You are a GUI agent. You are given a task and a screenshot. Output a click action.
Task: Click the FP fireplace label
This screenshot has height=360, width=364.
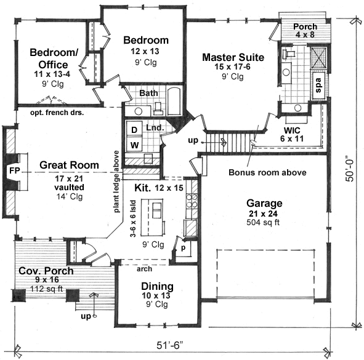click(x=14, y=170)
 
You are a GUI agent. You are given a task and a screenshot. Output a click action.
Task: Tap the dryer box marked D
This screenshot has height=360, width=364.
click(x=134, y=129)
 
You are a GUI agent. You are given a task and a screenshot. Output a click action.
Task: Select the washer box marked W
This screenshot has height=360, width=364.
click(x=134, y=145)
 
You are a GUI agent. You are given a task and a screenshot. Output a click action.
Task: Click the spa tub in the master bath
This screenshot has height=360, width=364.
click(x=319, y=86)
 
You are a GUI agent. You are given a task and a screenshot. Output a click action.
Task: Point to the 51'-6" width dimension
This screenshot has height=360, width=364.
click(x=170, y=345)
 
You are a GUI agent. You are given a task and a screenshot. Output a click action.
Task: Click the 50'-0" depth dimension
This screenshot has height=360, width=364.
click(x=350, y=169)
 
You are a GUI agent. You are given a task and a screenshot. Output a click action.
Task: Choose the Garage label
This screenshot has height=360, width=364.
click(x=264, y=204)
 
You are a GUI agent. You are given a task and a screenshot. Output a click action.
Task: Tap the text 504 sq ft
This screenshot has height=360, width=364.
click(x=263, y=222)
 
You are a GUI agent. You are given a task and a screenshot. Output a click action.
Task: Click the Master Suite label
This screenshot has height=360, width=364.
click(x=233, y=57)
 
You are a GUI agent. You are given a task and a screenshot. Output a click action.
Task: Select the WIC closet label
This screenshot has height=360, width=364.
click(x=292, y=130)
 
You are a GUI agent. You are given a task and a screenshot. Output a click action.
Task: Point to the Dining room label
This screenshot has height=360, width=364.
click(x=157, y=286)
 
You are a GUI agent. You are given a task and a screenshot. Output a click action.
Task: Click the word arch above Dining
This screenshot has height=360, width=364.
click(x=144, y=269)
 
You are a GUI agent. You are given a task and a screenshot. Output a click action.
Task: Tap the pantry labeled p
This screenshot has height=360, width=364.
click(x=183, y=248)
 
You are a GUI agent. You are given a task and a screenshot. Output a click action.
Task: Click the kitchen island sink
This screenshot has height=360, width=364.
click(x=156, y=210)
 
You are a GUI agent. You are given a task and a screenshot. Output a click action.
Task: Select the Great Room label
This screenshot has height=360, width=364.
click(x=69, y=165)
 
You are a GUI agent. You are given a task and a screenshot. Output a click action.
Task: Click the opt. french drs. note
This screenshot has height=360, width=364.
click(x=57, y=113)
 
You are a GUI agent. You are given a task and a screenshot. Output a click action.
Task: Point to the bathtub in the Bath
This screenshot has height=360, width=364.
click(x=174, y=101)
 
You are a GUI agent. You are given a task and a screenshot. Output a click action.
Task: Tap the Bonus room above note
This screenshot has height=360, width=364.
click(x=267, y=172)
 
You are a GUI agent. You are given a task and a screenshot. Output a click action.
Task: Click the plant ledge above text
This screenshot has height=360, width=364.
click(x=116, y=182)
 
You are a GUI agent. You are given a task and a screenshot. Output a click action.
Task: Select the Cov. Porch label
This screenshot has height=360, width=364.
click(x=46, y=271)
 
